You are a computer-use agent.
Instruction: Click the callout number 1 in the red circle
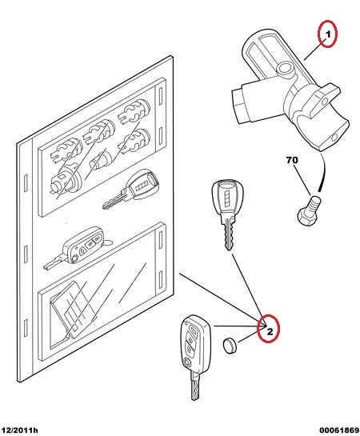coord(328,34)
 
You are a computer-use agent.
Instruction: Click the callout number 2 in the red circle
coord(270,331)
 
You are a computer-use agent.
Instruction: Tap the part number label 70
coord(292,160)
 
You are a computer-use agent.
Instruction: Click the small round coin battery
coord(230,346)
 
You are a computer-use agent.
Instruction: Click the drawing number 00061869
coord(339,430)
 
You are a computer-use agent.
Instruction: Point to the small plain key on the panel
coord(131,190)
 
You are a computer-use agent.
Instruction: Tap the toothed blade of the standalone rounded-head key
coord(229,234)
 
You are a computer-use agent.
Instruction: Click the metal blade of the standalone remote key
coord(196,386)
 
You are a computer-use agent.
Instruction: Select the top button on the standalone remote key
coord(193,330)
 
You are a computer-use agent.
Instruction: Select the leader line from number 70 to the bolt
coord(302,181)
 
